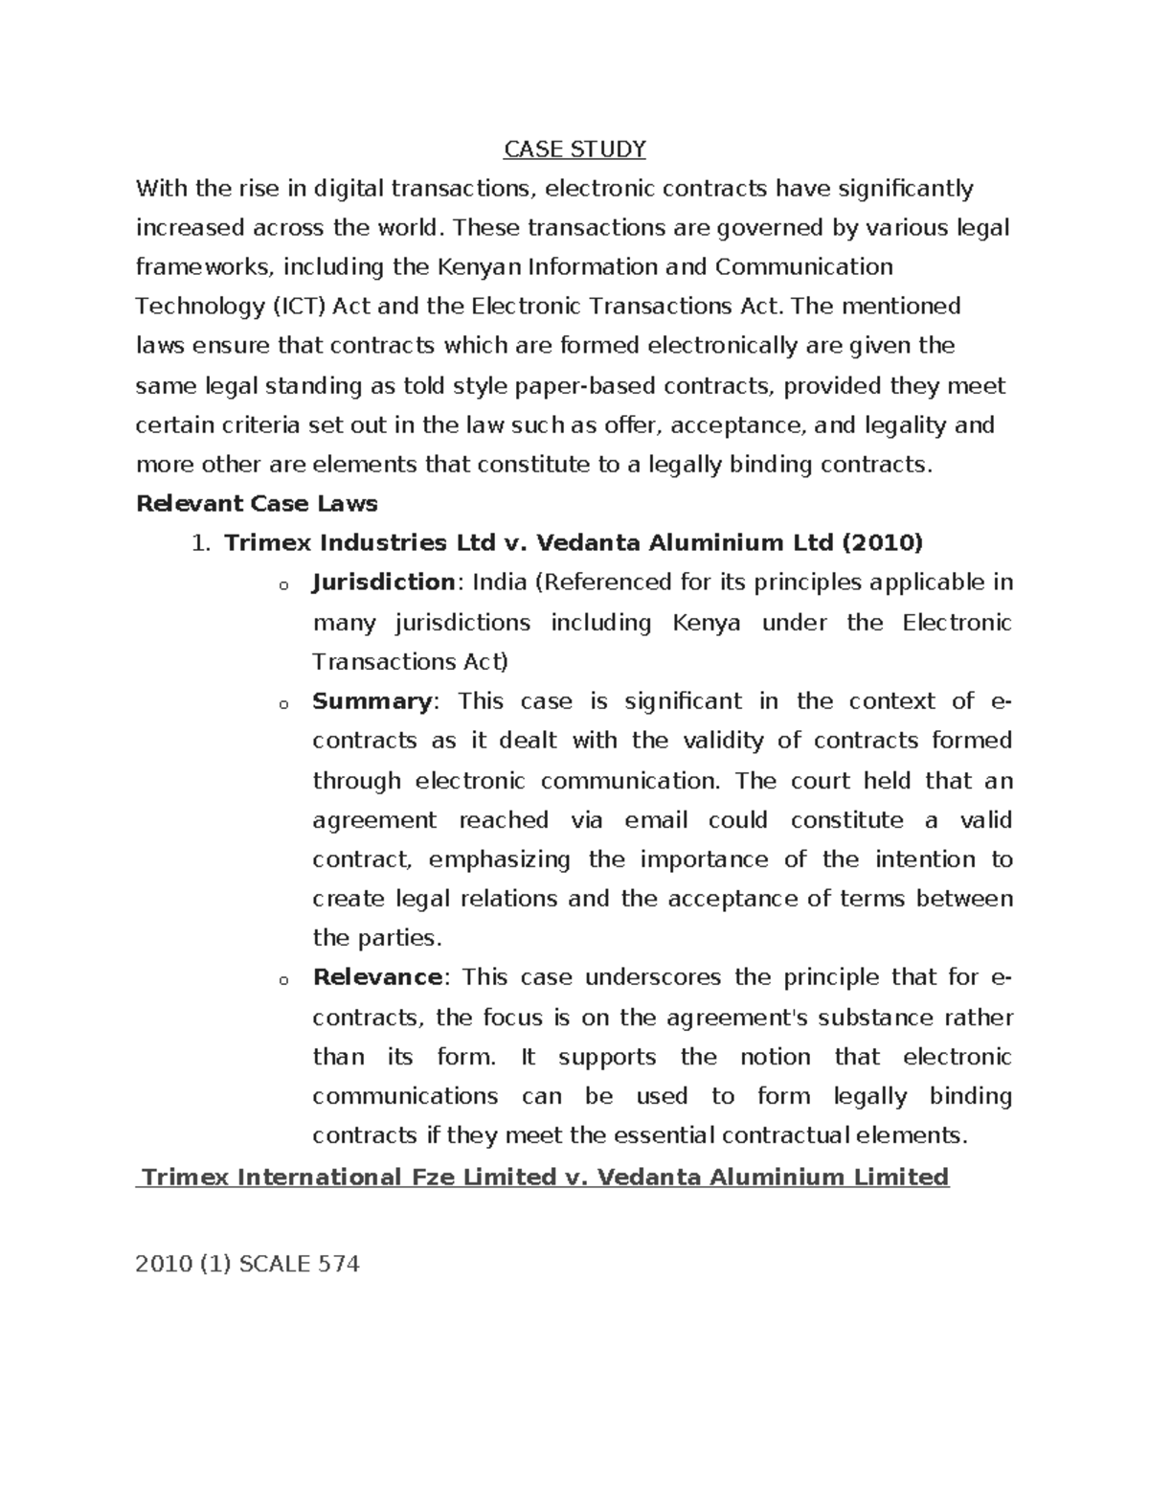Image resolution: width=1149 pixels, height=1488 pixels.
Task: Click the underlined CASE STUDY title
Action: click(574, 149)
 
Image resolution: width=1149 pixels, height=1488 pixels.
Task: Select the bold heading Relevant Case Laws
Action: click(257, 503)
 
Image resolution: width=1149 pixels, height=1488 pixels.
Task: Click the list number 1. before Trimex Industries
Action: click(199, 543)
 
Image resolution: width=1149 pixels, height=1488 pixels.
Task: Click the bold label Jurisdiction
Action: click(383, 583)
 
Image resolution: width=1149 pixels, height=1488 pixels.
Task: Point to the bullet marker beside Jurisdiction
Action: click(282, 586)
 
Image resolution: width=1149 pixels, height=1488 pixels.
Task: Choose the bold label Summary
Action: click(372, 700)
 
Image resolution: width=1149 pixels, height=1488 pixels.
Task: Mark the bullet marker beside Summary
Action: click(282, 705)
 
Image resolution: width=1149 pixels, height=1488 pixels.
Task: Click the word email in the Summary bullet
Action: click(656, 820)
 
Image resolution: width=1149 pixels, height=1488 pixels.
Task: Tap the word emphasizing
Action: click(499, 859)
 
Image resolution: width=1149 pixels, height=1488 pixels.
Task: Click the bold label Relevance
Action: click(377, 977)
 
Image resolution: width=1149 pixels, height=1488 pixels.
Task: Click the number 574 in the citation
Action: click(339, 1264)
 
